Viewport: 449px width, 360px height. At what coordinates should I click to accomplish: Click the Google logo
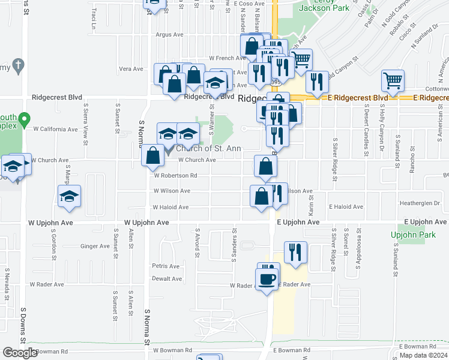(x=20, y=353)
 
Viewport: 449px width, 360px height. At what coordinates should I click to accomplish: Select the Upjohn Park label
(x=412, y=235)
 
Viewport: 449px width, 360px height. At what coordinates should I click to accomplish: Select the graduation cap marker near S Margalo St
(x=70, y=196)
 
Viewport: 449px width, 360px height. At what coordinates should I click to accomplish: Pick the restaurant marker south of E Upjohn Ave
(x=295, y=252)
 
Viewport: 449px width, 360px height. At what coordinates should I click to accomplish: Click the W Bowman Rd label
(x=172, y=350)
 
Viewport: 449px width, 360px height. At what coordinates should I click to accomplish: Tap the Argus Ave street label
(x=169, y=35)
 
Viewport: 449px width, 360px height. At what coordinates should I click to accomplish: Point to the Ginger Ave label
(x=95, y=247)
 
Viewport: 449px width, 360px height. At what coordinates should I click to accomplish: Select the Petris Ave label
(x=166, y=266)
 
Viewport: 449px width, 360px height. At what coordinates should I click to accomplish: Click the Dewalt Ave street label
(x=166, y=279)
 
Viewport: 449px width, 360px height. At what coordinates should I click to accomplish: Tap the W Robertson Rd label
(x=175, y=176)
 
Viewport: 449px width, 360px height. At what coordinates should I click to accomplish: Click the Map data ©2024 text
(x=422, y=355)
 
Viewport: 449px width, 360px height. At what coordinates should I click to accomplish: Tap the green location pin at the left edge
(x=24, y=121)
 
